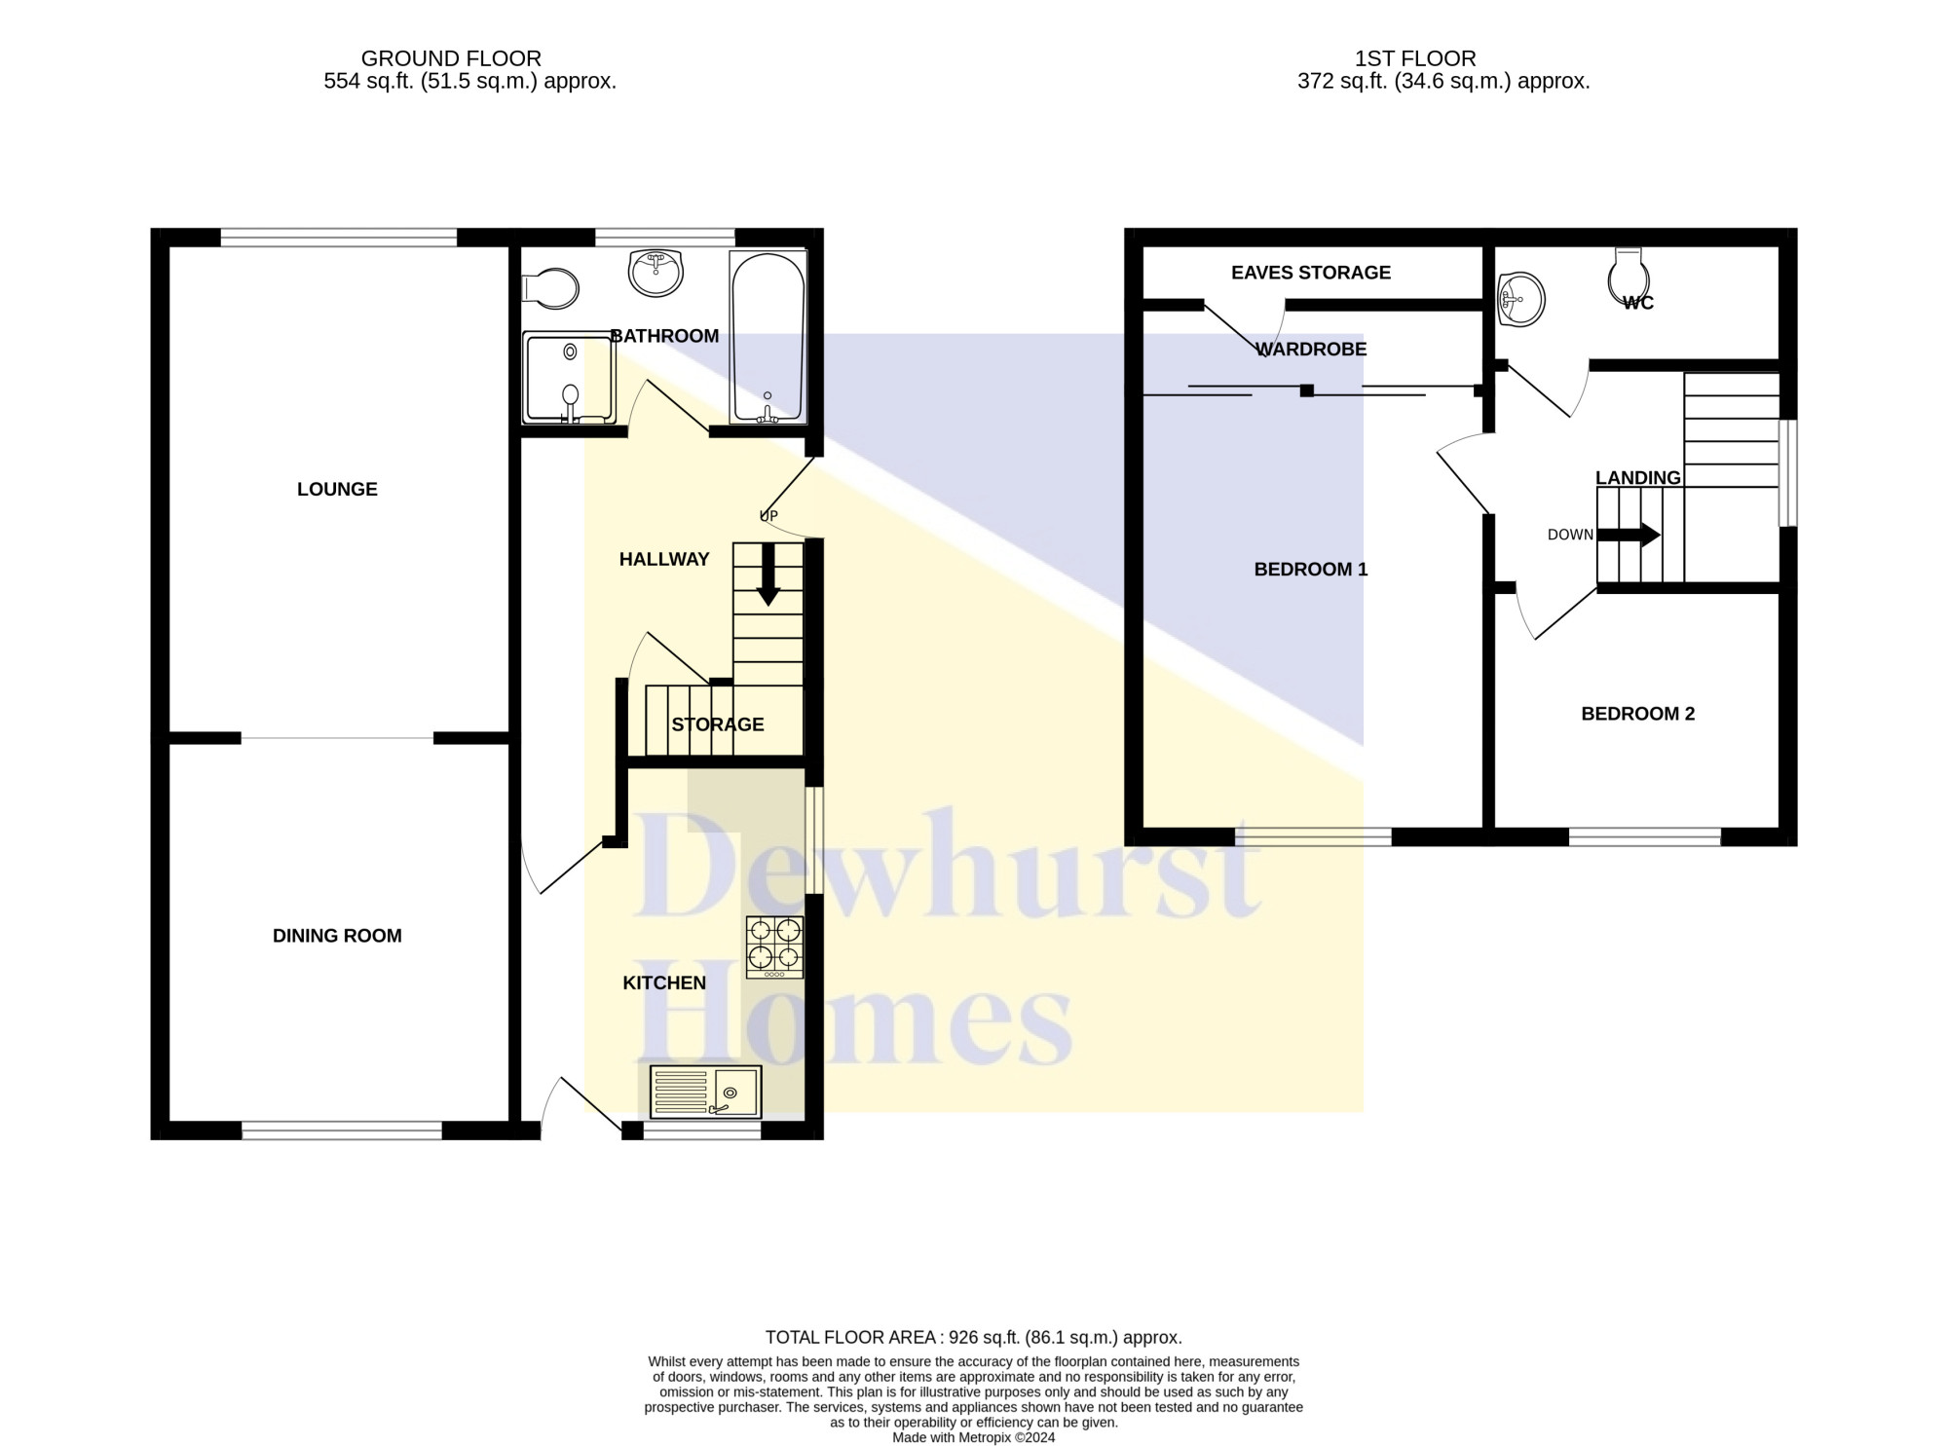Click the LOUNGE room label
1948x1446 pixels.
[x=337, y=489]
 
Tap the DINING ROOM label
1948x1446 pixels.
[x=337, y=936]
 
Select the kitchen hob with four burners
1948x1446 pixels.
[x=775, y=946]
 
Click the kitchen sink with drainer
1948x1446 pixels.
[x=706, y=1092]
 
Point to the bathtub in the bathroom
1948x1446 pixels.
[x=768, y=338]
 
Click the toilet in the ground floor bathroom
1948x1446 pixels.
[x=550, y=289]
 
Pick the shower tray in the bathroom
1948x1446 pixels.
[x=570, y=378]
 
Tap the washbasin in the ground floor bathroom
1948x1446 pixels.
[x=656, y=274]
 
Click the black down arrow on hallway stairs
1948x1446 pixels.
[x=768, y=575]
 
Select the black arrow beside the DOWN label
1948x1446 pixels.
[x=1629, y=535]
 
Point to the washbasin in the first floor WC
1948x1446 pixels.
[x=1520, y=299]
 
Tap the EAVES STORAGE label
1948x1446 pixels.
[x=1311, y=273]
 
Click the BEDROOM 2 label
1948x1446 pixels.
[x=1638, y=714]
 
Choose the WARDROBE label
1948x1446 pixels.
[x=1311, y=349]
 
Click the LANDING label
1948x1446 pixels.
[x=1638, y=478]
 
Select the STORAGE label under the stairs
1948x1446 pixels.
[x=718, y=724]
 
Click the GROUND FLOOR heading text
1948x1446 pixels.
[x=451, y=58]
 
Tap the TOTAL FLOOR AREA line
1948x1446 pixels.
[x=974, y=1338]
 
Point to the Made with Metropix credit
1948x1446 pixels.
[x=974, y=1437]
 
